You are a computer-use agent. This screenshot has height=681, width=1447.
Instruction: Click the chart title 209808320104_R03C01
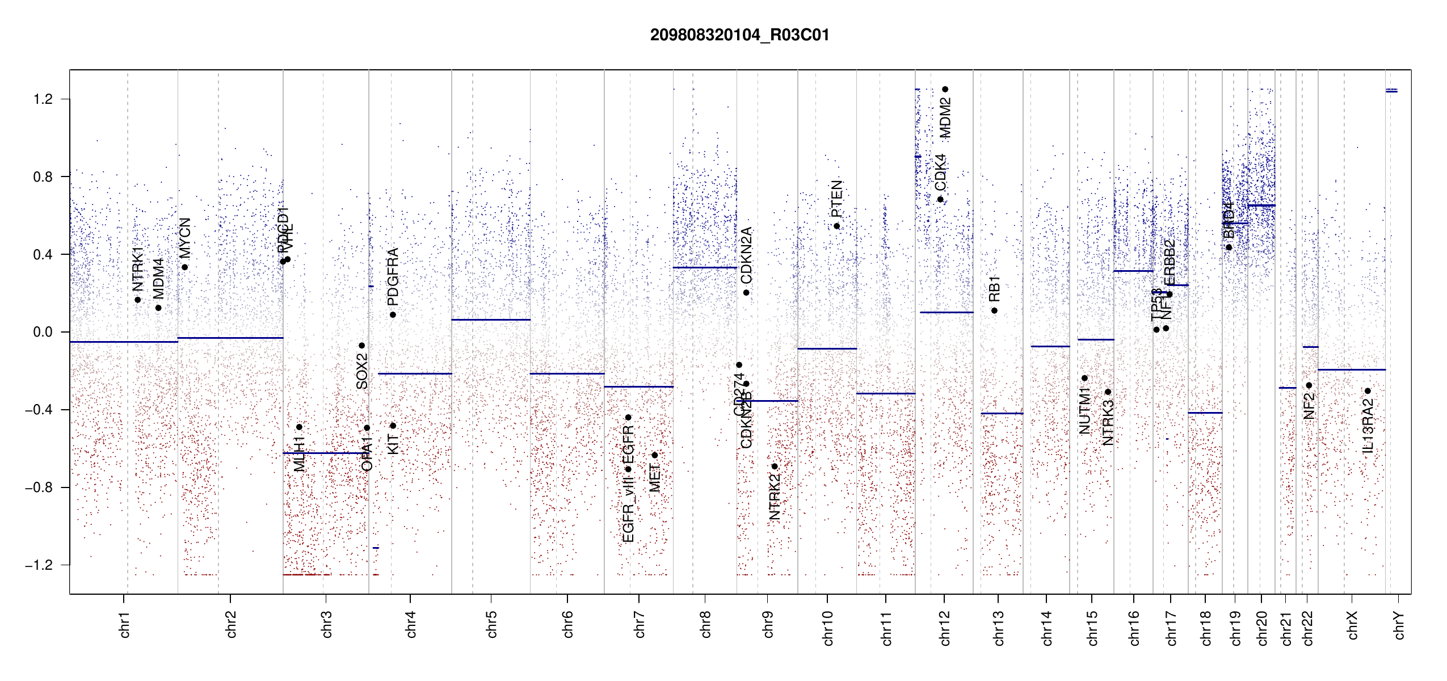coord(739,35)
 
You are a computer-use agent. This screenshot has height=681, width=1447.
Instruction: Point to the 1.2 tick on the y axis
coord(43,99)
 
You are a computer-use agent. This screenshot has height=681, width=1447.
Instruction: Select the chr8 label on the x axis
coord(705,624)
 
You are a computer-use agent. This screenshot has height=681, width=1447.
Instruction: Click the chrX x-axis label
coord(1352,625)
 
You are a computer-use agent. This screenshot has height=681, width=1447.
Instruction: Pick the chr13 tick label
coord(998,628)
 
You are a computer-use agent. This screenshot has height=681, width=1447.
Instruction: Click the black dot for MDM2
coord(945,89)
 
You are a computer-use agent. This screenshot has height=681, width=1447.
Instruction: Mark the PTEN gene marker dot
coord(836,226)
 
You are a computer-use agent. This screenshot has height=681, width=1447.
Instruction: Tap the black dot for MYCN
coord(184,267)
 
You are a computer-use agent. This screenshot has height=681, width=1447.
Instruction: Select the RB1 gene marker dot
coord(994,310)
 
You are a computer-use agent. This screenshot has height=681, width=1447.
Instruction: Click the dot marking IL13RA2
coord(1368,391)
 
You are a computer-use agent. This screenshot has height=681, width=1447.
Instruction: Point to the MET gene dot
coord(655,455)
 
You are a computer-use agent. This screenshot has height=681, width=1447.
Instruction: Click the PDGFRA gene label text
coord(393,276)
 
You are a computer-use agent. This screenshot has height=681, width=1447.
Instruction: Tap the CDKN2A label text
coord(746,255)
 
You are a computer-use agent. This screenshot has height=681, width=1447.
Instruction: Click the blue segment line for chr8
coord(705,267)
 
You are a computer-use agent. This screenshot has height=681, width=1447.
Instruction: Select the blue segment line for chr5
coord(491,320)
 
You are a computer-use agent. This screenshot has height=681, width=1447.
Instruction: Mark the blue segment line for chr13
coord(1002,413)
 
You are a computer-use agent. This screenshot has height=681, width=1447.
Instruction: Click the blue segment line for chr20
coord(1261,205)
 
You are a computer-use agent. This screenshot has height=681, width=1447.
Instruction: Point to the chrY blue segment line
coord(1391,91)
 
